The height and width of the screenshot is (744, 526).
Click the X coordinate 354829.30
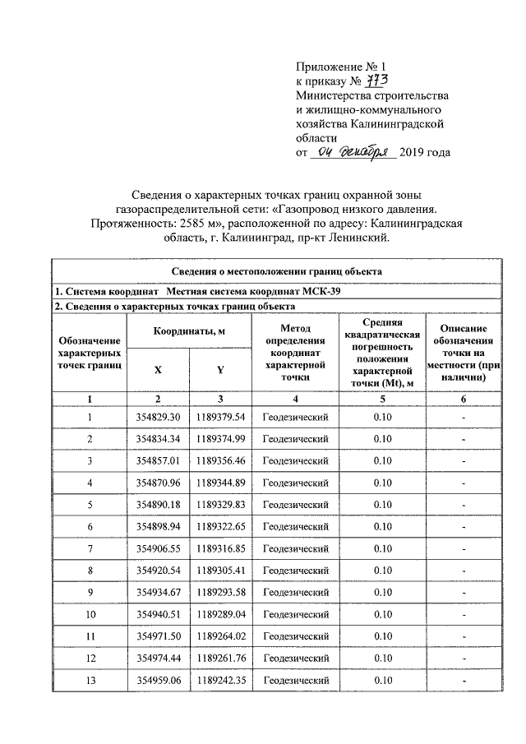pyautogui.click(x=158, y=418)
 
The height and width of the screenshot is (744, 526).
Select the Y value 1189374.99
pyautogui.click(x=220, y=439)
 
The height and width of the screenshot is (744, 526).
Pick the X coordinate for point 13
pyautogui.click(x=158, y=681)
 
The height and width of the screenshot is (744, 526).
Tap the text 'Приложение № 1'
pyautogui.click(x=339, y=66)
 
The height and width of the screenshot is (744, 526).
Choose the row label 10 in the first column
pyautogui.click(x=90, y=614)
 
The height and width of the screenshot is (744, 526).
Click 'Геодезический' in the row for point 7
pyautogui.click(x=295, y=548)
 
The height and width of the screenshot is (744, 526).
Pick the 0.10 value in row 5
pyautogui.click(x=382, y=505)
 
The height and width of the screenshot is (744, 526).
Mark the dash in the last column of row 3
pyautogui.click(x=464, y=461)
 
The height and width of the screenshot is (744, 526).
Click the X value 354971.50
pyautogui.click(x=158, y=636)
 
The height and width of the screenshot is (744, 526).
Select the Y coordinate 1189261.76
pyautogui.click(x=220, y=659)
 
